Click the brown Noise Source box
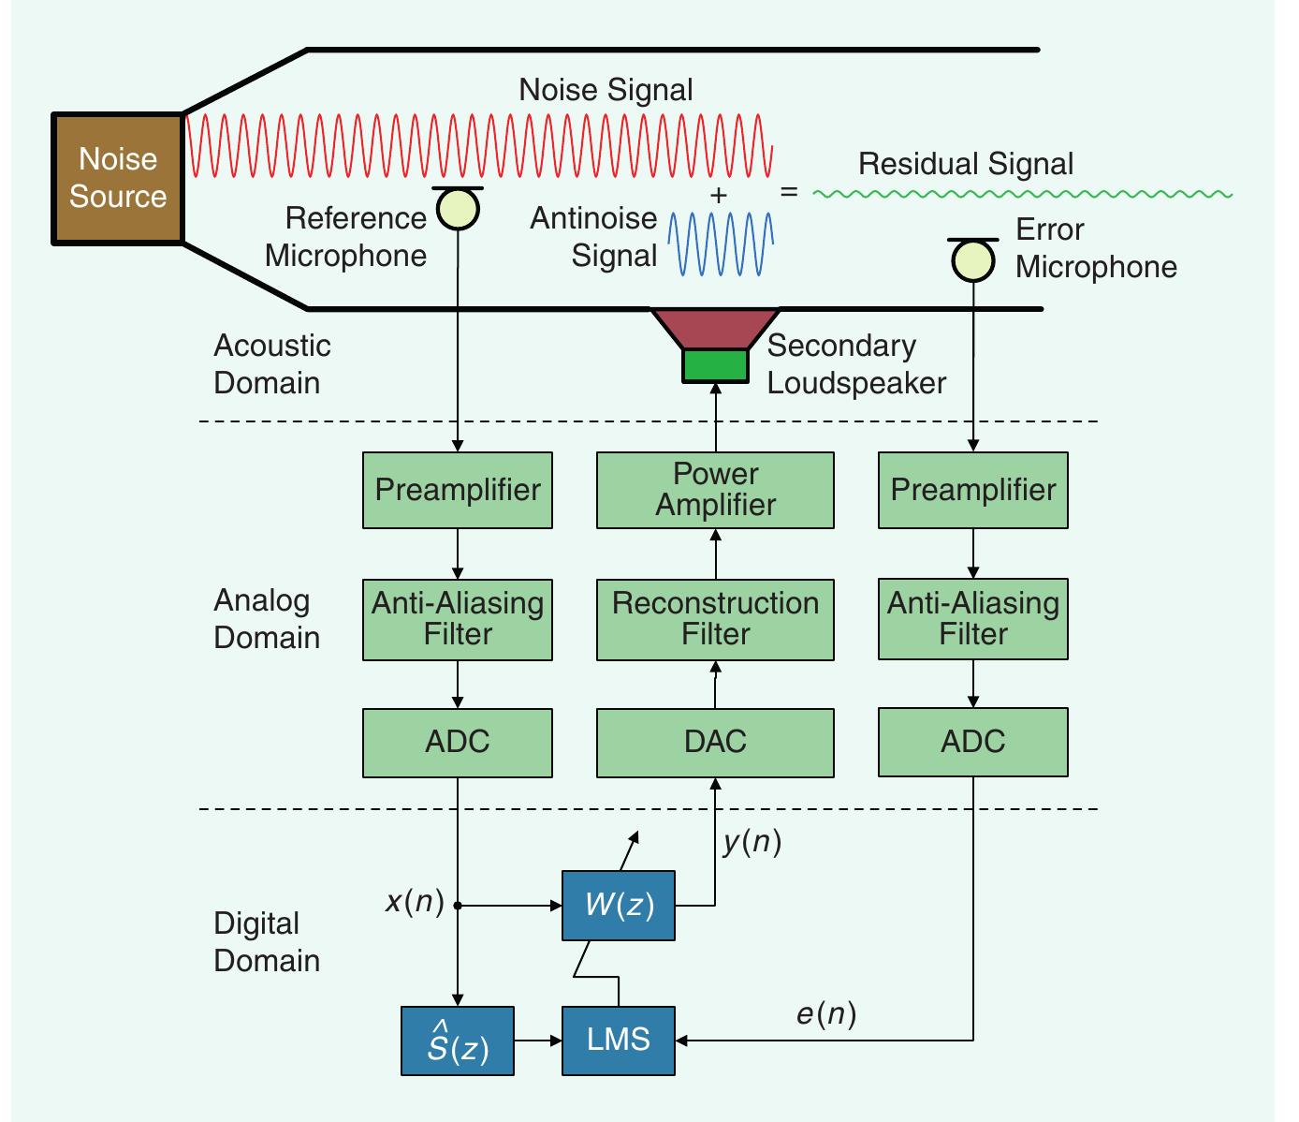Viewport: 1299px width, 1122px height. click(117, 179)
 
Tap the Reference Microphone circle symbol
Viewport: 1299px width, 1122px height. click(458, 210)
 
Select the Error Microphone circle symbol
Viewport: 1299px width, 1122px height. click(972, 261)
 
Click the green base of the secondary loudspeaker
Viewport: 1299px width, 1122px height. click(715, 365)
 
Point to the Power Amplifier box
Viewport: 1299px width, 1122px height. click(715, 490)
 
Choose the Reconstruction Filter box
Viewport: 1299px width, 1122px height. click(715, 619)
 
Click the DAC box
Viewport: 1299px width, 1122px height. click(715, 743)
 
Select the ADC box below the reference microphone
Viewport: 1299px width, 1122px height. click(458, 743)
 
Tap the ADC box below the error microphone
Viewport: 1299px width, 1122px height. click(972, 743)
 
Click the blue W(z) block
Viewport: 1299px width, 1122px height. click(618, 906)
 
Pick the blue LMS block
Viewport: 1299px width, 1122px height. click(618, 1041)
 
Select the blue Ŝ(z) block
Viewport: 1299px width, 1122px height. click(458, 1041)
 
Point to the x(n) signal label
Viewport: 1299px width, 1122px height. click(414, 901)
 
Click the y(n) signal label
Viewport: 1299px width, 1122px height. click(752, 842)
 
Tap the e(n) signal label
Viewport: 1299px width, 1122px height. click(826, 1013)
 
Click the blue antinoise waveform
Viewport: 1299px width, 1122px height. click(721, 244)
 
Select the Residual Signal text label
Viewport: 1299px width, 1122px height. click(966, 164)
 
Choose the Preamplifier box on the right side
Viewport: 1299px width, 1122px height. click(972, 490)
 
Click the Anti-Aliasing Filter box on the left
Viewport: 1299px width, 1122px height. click(458, 619)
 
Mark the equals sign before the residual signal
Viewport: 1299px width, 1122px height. click(790, 192)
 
